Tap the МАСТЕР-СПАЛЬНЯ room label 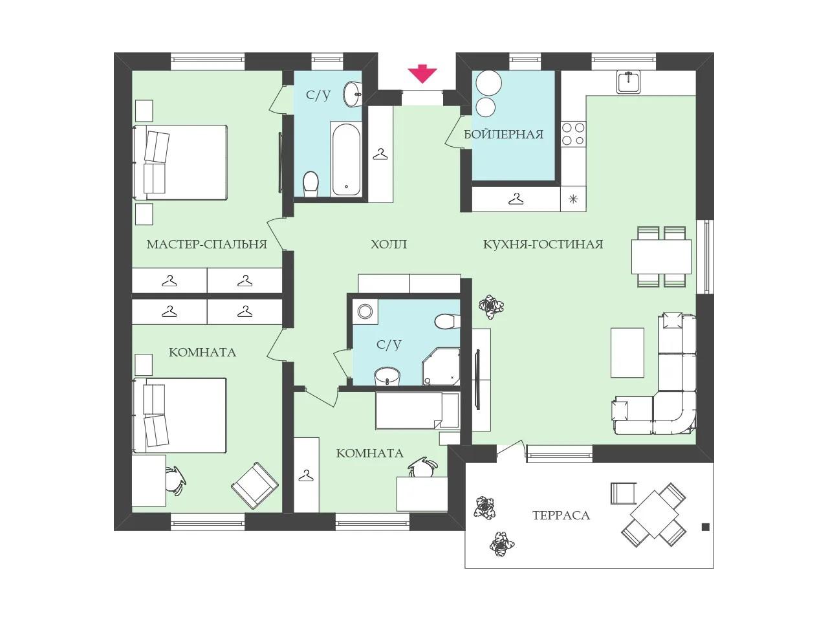(x=207, y=245)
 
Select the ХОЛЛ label (x=389, y=245)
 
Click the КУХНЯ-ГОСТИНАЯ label (x=543, y=245)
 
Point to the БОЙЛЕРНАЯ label (x=503, y=135)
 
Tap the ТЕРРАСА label (x=561, y=516)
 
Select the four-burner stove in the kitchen (x=573, y=134)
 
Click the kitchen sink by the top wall (x=629, y=82)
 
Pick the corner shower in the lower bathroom (x=441, y=367)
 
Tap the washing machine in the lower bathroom (x=365, y=311)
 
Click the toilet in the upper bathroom (x=311, y=184)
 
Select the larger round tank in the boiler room (x=488, y=83)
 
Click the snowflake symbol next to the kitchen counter (x=573, y=199)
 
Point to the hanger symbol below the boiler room (x=516, y=199)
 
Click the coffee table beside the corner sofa (x=627, y=353)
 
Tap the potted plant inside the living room (x=491, y=306)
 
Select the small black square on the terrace (x=705, y=527)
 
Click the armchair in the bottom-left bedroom (x=255, y=485)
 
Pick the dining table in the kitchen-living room (x=661, y=257)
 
